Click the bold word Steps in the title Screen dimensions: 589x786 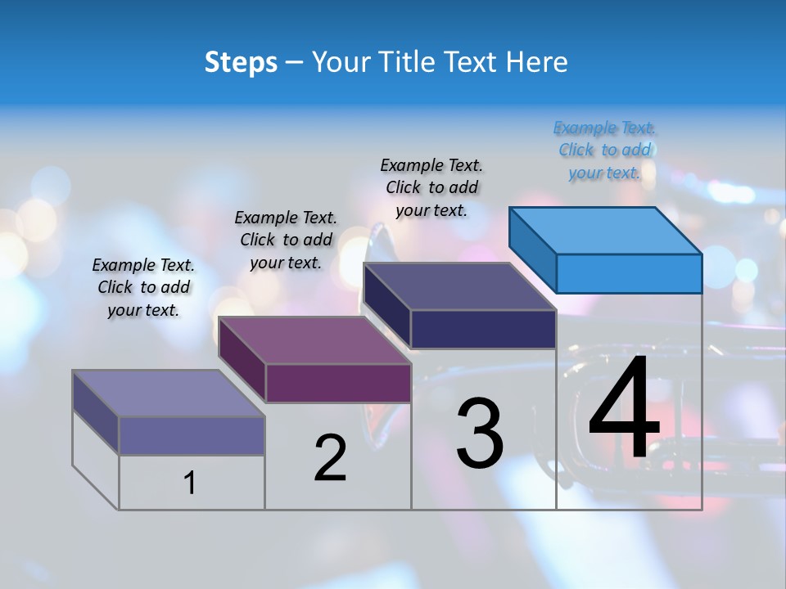[241, 62]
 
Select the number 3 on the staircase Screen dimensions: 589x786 [480, 434]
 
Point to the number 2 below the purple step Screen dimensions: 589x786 [330, 458]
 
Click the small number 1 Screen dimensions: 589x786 [190, 483]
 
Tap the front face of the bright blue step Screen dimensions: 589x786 [629, 273]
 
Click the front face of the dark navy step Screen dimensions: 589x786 [483, 329]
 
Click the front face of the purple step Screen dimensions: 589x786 [338, 383]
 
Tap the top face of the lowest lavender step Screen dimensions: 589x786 [169, 393]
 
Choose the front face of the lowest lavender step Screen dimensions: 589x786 [192, 435]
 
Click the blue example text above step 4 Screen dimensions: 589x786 [604, 150]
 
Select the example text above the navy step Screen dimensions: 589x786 [431, 187]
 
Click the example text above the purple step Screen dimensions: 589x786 [286, 240]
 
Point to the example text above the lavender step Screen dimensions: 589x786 [143, 287]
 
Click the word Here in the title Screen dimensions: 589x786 [537, 62]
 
